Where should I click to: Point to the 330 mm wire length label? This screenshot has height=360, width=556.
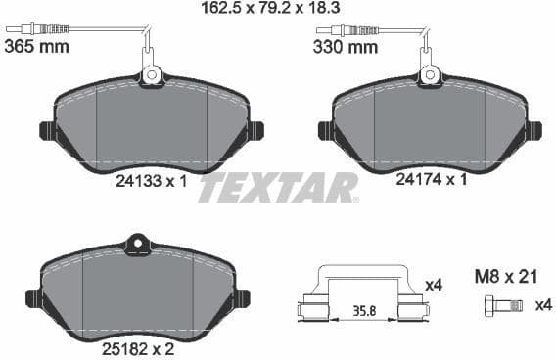(x=345, y=47)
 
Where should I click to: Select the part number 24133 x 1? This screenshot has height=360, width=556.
(x=150, y=181)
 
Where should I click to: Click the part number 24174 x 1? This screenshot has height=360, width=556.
(x=430, y=181)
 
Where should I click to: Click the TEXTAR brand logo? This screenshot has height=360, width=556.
(x=278, y=186)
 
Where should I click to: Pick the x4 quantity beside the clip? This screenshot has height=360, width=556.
(x=435, y=285)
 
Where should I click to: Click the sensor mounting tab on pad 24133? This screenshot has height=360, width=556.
(x=152, y=74)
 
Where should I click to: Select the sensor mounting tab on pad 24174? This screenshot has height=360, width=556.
(x=428, y=73)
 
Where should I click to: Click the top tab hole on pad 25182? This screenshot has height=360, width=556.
(x=138, y=240)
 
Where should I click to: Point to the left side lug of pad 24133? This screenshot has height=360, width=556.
(x=45, y=130)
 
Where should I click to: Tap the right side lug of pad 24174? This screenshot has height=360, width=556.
(x=533, y=129)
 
